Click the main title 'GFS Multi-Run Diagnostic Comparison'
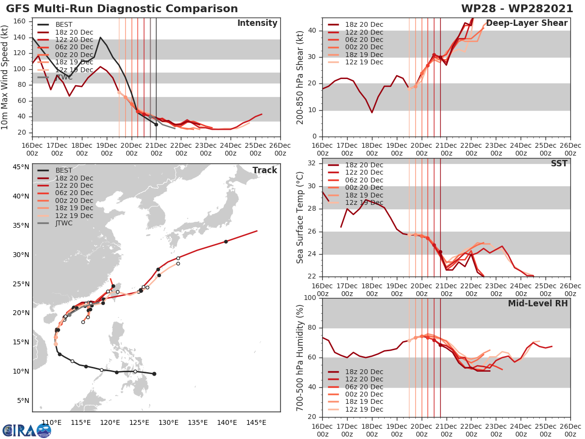click(x=122, y=9)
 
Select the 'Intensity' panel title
click(x=257, y=23)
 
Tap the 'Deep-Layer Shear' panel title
click(x=526, y=23)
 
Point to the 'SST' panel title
click(x=559, y=163)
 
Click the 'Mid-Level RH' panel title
click(x=538, y=303)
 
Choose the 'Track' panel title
click(x=264, y=170)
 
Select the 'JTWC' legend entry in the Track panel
click(x=64, y=223)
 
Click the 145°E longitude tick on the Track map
click(x=255, y=422)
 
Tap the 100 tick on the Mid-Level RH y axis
click(x=311, y=298)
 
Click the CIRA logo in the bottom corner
click(x=27, y=430)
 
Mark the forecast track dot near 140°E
click(x=226, y=241)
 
